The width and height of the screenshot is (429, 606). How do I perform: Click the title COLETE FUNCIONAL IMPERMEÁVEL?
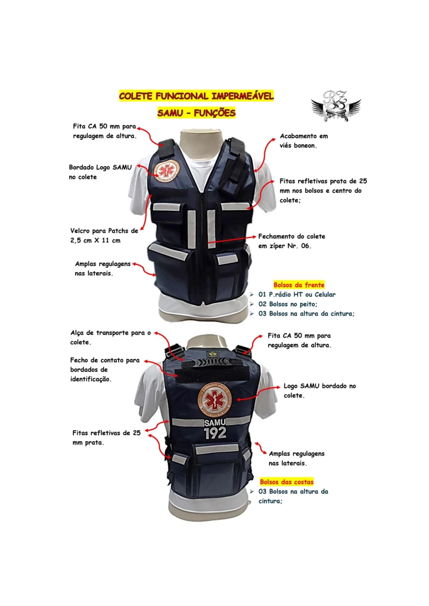pyautogui.click(x=196, y=96)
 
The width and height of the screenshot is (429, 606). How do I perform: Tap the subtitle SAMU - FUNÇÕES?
pyautogui.click(x=196, y=113)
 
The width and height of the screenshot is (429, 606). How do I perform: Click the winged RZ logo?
pyautogui.click(x=336, y=106)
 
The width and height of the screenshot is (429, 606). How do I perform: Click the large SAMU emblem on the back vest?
pyautogui.click(x=214, y=399)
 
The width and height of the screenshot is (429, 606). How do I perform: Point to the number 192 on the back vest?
pyautogui.click(x=215, y=433)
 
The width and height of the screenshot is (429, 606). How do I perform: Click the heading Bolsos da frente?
pyautogui.click(x=299, y=285)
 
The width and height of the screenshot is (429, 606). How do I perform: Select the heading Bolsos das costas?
pyautogui.click(x=287, y=482)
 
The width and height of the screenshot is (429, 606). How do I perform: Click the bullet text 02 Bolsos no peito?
pyautogui.click(x=287, y=304)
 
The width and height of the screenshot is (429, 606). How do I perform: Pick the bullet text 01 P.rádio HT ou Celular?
pyautogui.click(x=297, y=295)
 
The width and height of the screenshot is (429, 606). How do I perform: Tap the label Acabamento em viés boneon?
pyautogui.click(x=304, y=141)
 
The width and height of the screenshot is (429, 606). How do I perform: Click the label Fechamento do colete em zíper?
pyautogui.click(x=292, y=241)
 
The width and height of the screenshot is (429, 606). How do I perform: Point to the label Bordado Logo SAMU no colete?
pyautogui.click(x=100, y=172)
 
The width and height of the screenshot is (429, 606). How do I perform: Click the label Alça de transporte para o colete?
pyautogui.click(x=110, y=338)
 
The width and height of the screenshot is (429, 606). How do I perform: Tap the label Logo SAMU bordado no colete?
pyautogui.click(x=320, y=391)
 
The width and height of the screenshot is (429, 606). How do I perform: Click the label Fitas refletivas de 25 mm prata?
pyautogui.click(x=106, y=438)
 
